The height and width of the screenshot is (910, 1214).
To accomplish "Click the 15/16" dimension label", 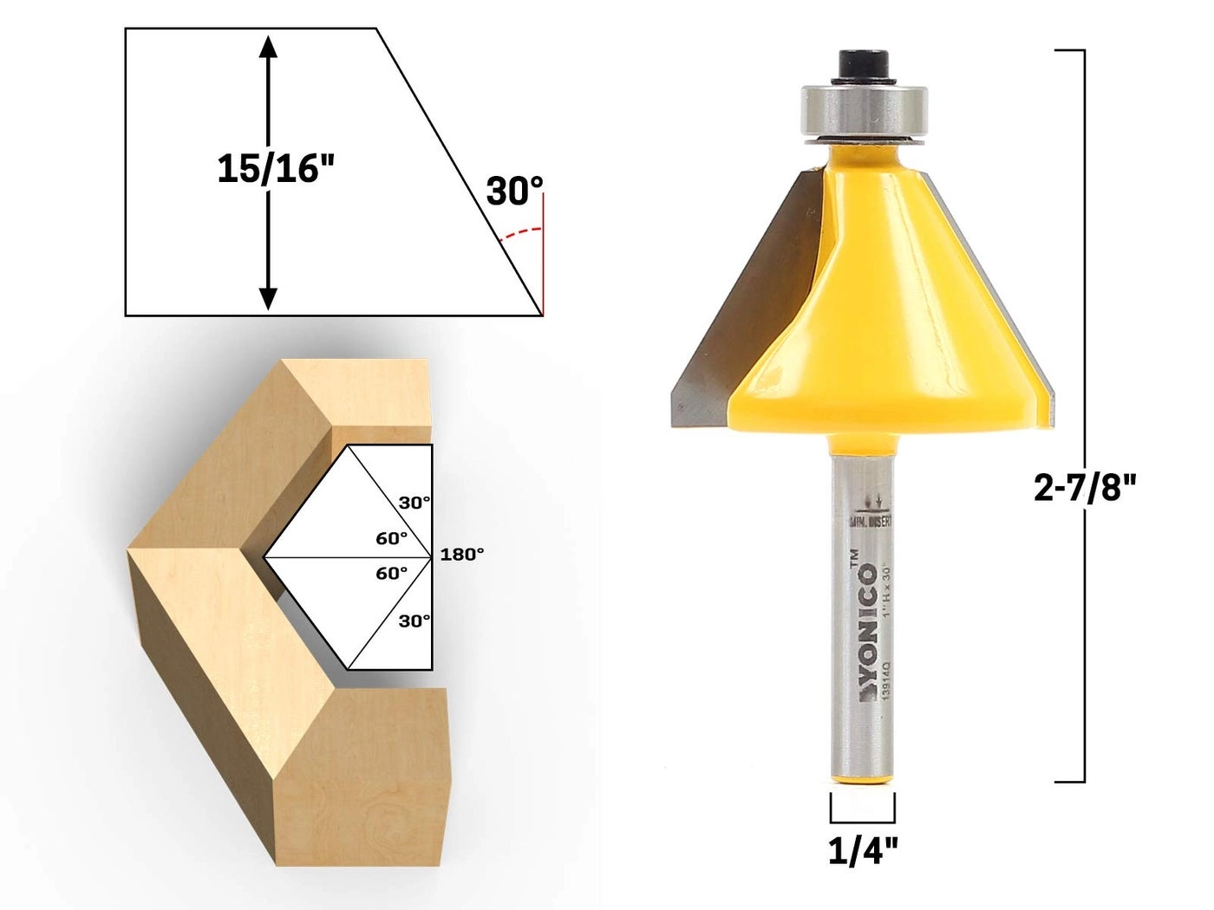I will click(275, 168).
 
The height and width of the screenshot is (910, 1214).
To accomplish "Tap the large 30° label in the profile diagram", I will click(514, 192).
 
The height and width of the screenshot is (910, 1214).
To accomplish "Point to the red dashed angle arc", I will click(523, 231).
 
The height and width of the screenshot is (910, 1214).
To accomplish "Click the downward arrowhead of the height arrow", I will click(269, 298).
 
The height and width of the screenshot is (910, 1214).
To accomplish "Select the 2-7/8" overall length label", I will click(1085, 489).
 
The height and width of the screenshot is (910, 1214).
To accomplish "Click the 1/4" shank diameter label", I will click(863, 852).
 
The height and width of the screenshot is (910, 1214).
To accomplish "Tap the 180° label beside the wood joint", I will click(461, 555).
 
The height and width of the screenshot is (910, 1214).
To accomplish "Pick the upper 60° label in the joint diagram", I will click(391, 538).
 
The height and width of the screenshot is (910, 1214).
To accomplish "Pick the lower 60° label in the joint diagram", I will click(391, 573).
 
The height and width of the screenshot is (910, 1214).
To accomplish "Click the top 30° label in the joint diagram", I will click(414, 502).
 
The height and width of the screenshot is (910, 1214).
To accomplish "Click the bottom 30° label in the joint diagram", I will click(414, 621).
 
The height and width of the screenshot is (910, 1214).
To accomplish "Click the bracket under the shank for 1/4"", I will click(863, 818).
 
